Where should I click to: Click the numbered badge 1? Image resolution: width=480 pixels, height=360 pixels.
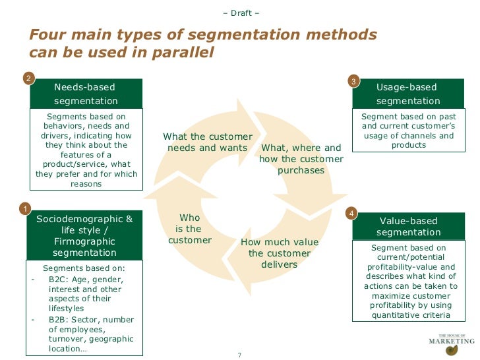coord(25,208)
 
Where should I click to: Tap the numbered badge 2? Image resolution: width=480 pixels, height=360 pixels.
coord(28,79)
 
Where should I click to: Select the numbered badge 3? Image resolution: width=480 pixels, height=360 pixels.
coord(353,81)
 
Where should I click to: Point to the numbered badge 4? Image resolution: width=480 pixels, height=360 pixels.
coord(352,214)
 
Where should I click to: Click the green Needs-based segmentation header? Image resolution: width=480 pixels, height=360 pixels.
coord(86,94)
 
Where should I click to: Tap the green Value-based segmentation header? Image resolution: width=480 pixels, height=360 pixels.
coord(408,226)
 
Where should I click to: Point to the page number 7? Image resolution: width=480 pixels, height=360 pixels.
coord(239,355)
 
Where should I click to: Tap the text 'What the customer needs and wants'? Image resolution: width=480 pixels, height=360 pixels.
coord(207,142)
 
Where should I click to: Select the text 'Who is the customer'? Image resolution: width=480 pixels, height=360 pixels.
coord(189,229)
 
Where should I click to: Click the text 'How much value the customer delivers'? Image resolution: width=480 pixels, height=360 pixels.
coord(279,253)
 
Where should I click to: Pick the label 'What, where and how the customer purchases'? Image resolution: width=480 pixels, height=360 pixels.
coord(301,159)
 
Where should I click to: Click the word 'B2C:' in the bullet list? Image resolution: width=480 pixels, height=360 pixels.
coord(59,279)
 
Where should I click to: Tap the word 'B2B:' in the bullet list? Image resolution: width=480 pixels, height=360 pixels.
coord(59,320)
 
